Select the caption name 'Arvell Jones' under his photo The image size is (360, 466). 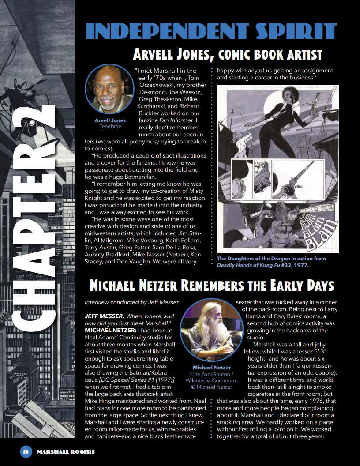110,120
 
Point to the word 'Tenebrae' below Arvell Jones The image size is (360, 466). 110,126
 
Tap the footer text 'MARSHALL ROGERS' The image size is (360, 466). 66,452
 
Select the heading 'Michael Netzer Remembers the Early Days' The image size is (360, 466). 211,286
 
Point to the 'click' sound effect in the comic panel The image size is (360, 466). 299,187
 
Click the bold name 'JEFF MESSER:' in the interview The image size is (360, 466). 105,316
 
